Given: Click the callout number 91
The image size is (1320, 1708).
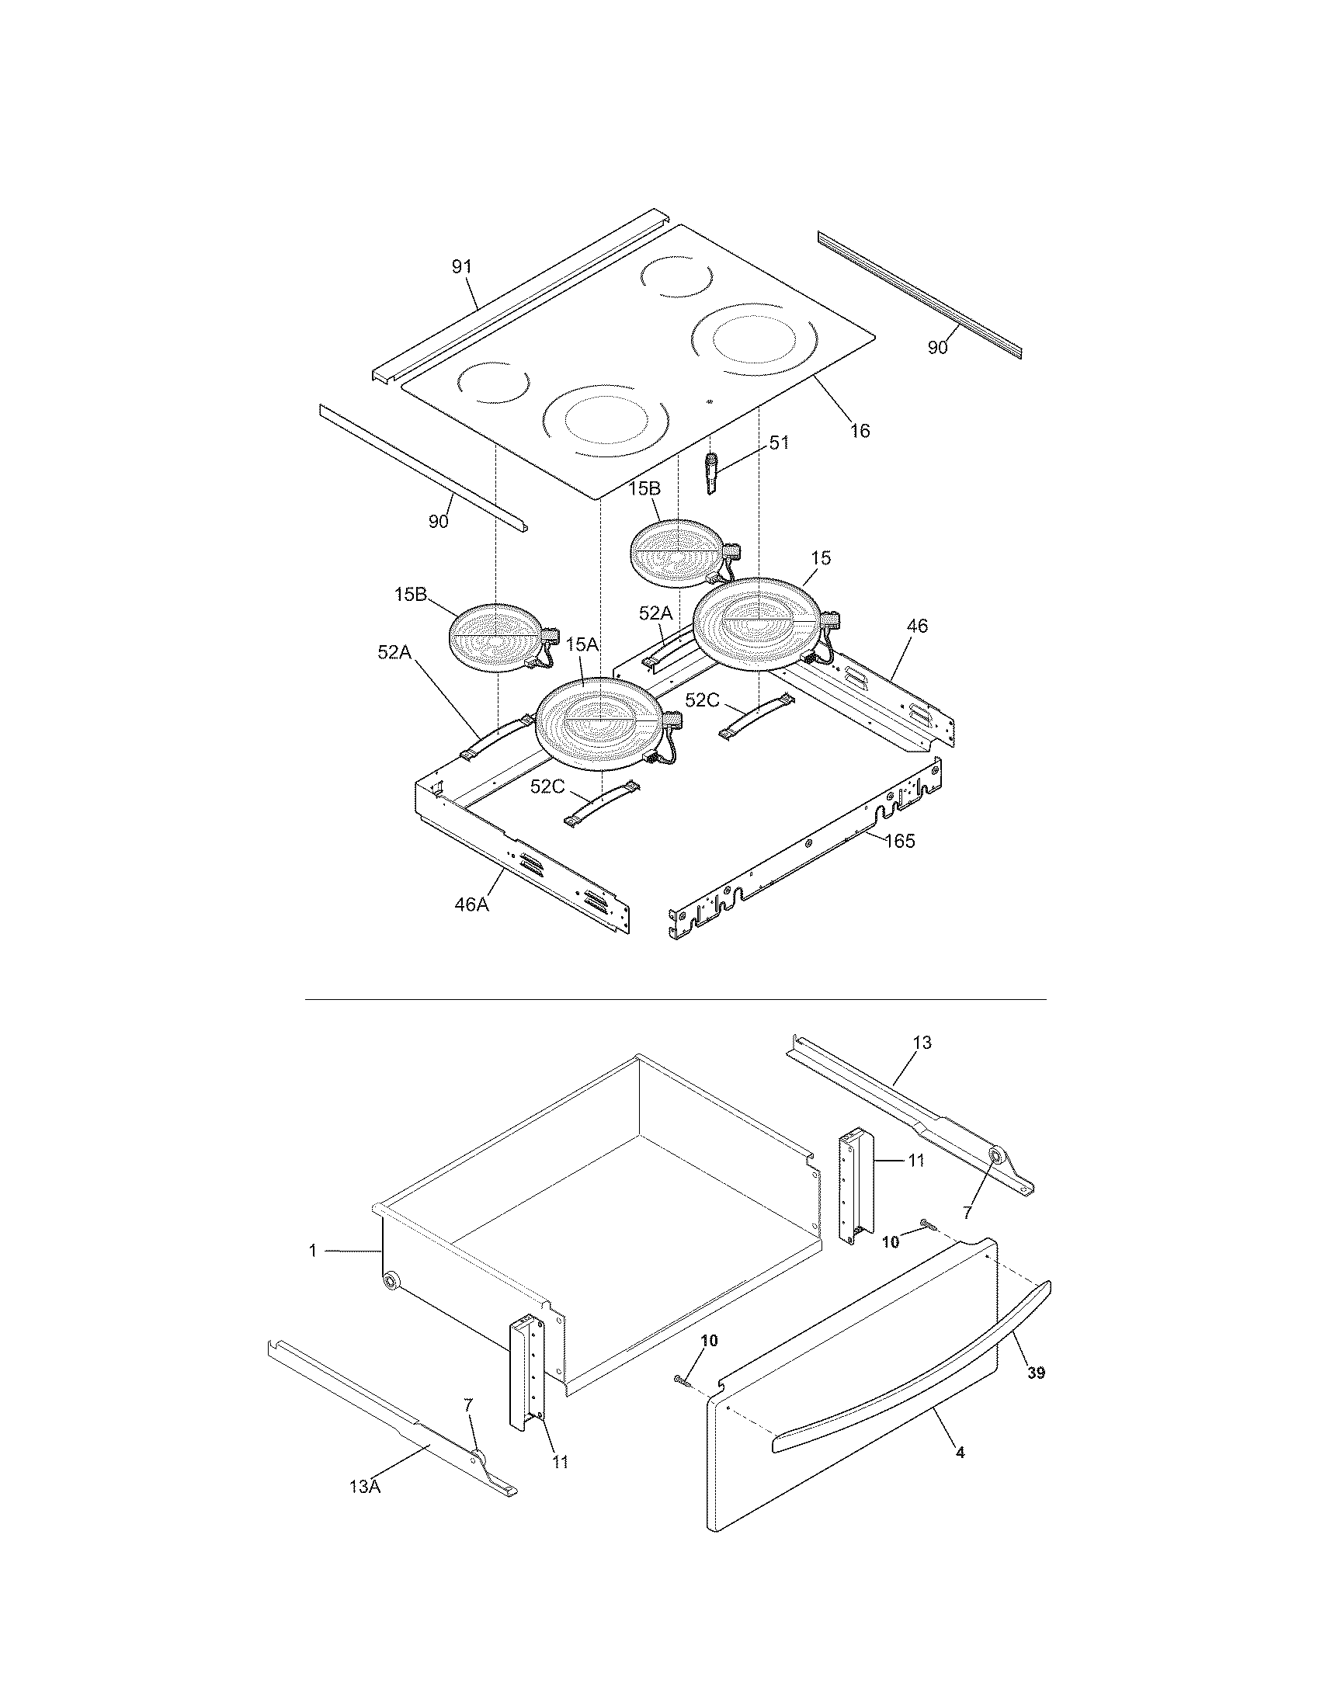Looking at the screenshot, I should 462,266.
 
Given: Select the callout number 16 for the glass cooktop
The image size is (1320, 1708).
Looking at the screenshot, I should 860,431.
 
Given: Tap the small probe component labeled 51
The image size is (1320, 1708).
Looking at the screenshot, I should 712,472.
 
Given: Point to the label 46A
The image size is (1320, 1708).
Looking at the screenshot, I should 472,905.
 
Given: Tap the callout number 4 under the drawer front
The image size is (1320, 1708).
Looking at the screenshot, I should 960,1453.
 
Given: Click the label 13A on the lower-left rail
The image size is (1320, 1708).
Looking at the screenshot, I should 365,1487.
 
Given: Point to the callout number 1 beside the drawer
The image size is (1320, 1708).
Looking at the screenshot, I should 313,1251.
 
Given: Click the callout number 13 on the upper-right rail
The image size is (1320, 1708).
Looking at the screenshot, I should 922,1043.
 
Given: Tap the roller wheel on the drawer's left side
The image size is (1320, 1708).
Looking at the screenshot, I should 389,1281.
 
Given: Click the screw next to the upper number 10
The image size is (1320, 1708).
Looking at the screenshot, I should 926,1222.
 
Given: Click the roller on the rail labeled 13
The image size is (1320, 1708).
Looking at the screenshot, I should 997,1155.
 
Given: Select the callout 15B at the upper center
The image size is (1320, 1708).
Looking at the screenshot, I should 644,489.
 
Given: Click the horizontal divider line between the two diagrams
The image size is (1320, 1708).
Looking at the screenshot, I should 674,999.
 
